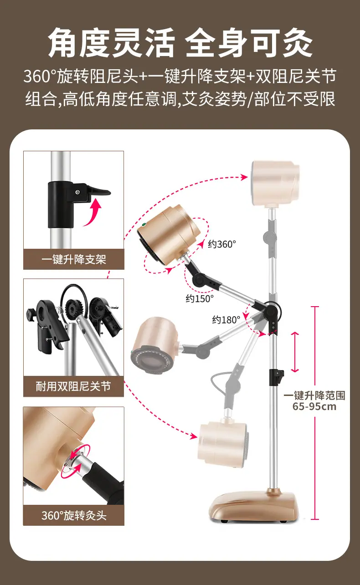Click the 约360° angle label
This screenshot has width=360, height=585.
click(222, 244)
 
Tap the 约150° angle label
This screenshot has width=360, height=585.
click(200, 298)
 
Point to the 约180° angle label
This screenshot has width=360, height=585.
click(226, 319)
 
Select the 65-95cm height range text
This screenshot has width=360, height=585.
click(314, 406)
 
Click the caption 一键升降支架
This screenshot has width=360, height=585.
click(74, 259)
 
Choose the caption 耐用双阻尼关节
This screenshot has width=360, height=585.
click(73, 386)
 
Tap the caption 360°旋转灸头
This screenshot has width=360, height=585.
click(74, 516)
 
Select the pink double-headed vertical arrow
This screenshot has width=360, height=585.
click(295, 352)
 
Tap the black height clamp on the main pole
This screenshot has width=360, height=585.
click(276, 377)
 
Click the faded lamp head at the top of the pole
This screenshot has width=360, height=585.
click(275, 183)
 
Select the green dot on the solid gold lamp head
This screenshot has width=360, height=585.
click(143, 224)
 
